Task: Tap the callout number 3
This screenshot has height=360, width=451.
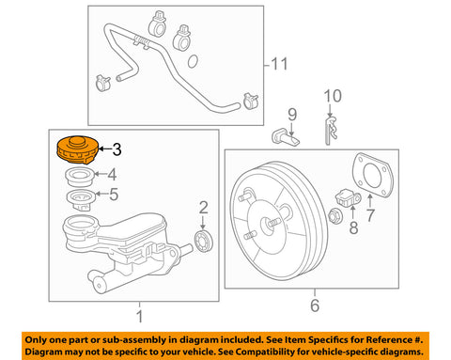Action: pyautogui.click(x=117, y=149)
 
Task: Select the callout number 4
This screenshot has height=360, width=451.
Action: pyautogui.click(x=113, y=174)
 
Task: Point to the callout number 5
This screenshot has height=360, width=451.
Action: pyautogui.click(x=115, y=196)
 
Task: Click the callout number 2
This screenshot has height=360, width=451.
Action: pyautogui.click(x=202, y=208)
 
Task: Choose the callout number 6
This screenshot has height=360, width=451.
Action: pyautogui.click(x=316, y=305)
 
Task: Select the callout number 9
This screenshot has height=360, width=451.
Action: pyautogui.click(x=291, y=116)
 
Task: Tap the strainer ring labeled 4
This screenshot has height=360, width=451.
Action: pyautogui.click(x=77, y=176)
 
